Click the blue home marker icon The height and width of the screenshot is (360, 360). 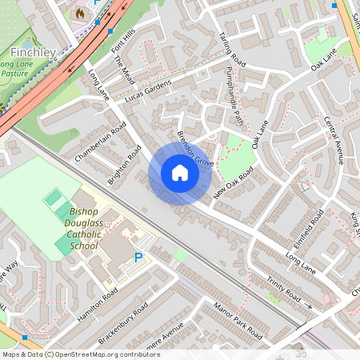(180, 172)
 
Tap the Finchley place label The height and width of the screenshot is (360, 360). (33, 53)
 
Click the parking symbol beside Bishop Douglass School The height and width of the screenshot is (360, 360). (138, 258)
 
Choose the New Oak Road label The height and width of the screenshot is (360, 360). (234, 184)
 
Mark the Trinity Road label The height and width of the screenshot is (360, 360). (284, 292)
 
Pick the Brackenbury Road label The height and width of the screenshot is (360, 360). (123, 325)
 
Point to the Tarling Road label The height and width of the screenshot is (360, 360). (232, 49)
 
